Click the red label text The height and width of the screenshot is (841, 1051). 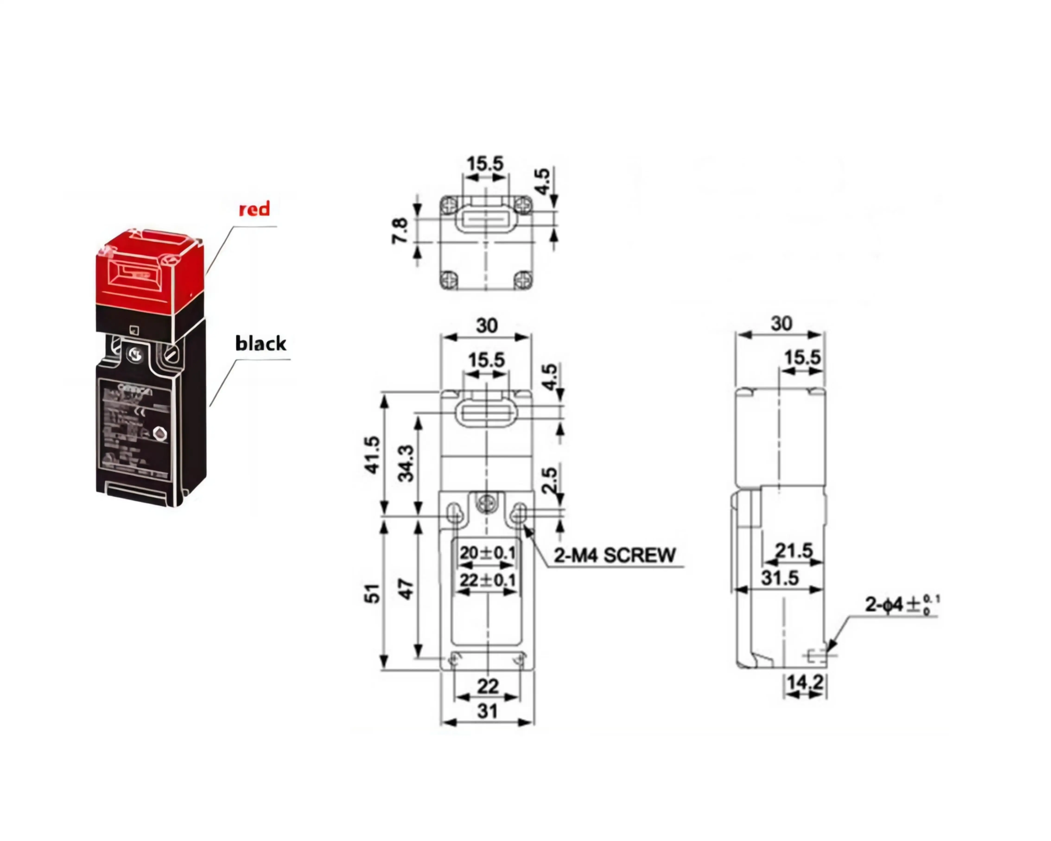254,209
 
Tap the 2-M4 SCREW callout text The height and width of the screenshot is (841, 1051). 614,555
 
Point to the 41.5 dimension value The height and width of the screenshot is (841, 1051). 372,455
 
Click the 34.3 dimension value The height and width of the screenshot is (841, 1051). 406,463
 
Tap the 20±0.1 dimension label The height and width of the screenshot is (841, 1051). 487,553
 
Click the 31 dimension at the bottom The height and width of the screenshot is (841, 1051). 487,711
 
